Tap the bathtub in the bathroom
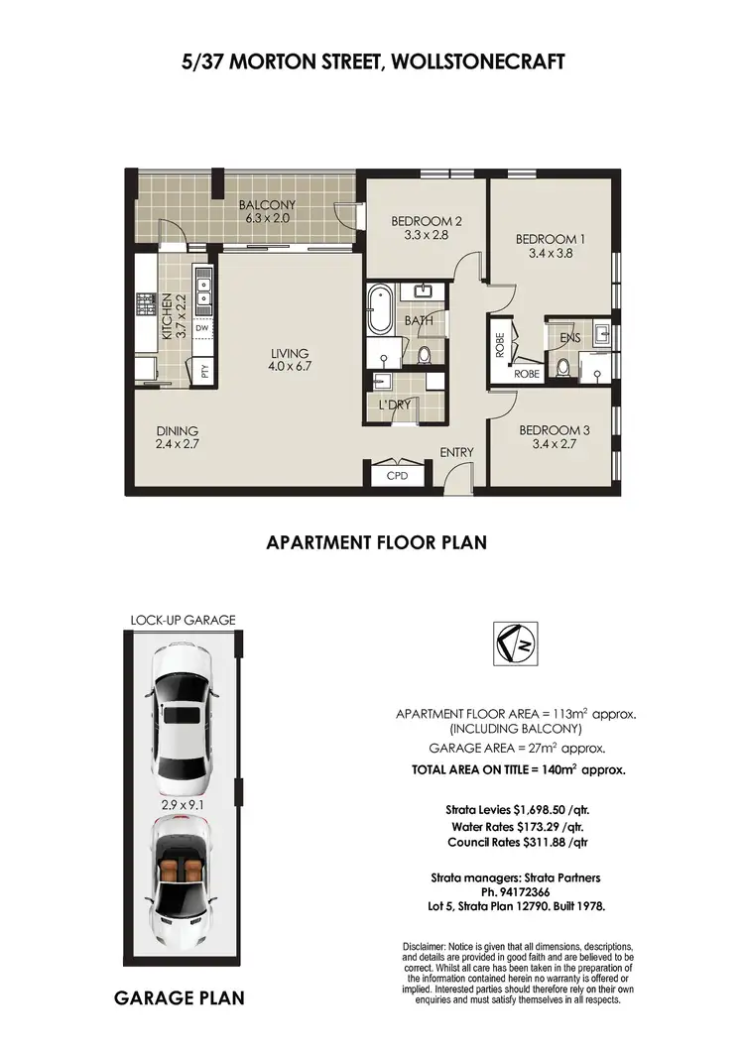click(x=379, y=310)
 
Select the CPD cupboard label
click(x=395, y=476)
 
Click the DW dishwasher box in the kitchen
click(x=202, y=327)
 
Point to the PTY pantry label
click(x=204, y=372)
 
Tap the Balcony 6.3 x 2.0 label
click(x=267, y=212)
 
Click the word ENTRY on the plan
click(x=457, y=453)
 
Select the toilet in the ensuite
click(x=562, y=369)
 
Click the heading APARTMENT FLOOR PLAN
click(x=376, y=542)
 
